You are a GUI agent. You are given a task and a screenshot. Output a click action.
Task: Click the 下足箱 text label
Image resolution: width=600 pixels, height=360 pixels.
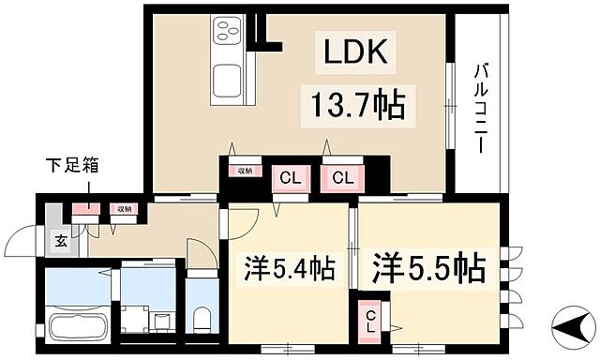(x=72, y=167)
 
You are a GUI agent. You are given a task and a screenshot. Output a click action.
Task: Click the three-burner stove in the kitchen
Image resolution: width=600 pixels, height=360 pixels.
(x=228, y=33)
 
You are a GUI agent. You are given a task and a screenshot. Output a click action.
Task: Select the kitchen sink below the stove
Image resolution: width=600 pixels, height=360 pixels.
(x=227, y=81)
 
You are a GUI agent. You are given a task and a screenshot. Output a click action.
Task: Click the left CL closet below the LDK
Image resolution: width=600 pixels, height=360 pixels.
(x=287, y=177)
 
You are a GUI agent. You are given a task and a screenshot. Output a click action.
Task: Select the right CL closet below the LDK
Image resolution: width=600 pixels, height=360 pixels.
(x=341, y=177)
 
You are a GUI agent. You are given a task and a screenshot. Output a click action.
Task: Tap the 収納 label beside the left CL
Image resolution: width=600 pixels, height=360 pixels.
(x=244, y=171)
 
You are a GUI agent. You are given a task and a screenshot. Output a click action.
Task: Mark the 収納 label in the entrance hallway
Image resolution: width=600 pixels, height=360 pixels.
(x=122, y=209)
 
